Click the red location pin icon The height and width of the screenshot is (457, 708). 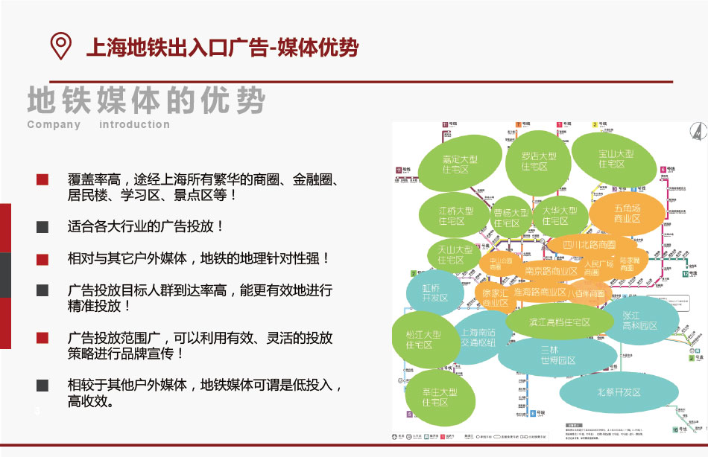(60, 45)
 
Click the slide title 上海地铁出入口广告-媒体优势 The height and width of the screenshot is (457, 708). (223, 48)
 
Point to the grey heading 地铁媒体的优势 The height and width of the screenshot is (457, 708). (146, 100)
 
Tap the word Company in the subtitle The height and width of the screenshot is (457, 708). (54, 124)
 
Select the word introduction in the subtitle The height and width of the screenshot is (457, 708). (134, 124)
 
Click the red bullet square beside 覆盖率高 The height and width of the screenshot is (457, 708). (42, 179)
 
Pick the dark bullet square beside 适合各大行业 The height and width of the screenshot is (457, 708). (42, 226)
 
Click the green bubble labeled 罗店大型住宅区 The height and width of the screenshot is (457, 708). (536, 162)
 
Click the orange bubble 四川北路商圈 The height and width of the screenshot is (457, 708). (590, 244)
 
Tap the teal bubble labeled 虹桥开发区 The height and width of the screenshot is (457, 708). (434, 292)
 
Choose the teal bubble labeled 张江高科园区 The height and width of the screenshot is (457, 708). (639, 321)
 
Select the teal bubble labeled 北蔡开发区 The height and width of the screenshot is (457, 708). (619, 392)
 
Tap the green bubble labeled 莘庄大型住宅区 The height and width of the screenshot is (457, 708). (434, 397)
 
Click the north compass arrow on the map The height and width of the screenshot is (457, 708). (698, 130)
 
